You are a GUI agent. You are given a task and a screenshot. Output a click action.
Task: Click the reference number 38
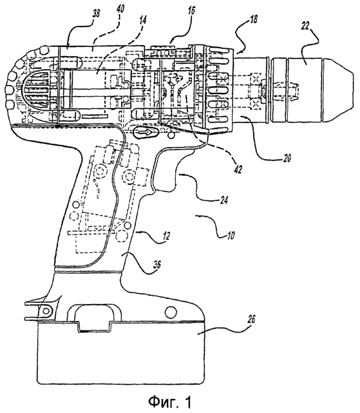pos(97,14)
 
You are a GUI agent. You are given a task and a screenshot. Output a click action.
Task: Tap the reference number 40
pos(120,10)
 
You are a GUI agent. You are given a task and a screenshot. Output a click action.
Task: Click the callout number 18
pos(253,20)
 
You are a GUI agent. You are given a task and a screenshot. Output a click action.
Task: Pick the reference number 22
pos(305,26)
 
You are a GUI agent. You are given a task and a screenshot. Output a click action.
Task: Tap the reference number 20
pos(287,158)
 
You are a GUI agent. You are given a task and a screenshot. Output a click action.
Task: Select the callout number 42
pos(238,169)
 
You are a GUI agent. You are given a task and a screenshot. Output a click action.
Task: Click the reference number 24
pos(223,201)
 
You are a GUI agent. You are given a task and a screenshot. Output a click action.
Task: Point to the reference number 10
pos(231,235)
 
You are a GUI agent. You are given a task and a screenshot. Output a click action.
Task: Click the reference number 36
pos(156,264)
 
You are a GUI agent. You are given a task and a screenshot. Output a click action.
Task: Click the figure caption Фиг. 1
pos(169,401)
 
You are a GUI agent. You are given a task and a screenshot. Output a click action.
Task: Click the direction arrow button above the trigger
pos(146,132)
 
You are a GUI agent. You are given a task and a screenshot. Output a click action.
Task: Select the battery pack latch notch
pos(94,327)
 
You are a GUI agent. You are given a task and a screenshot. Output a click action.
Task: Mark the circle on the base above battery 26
pos(171,312)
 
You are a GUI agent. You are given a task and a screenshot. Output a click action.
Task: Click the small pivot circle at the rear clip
pos(46,311)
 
